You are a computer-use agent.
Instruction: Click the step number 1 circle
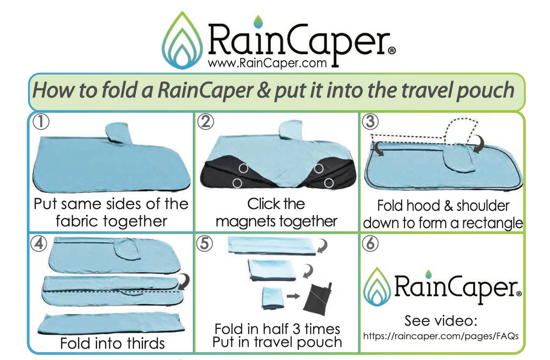pos(41,122)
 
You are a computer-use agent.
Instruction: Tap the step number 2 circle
pos(205,122)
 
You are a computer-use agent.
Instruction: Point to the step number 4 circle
pos(39,244)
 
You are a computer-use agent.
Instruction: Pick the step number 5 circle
pos(205,244)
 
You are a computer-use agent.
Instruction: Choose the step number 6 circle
pos(370,244)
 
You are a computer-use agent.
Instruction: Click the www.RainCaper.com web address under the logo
pos(267,63)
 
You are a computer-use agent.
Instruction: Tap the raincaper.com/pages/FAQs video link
pos(440,336)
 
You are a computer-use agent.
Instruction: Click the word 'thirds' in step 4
pos(143,343)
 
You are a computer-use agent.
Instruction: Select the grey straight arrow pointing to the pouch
pos(293,296)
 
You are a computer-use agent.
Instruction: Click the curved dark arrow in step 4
pos(184,282)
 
